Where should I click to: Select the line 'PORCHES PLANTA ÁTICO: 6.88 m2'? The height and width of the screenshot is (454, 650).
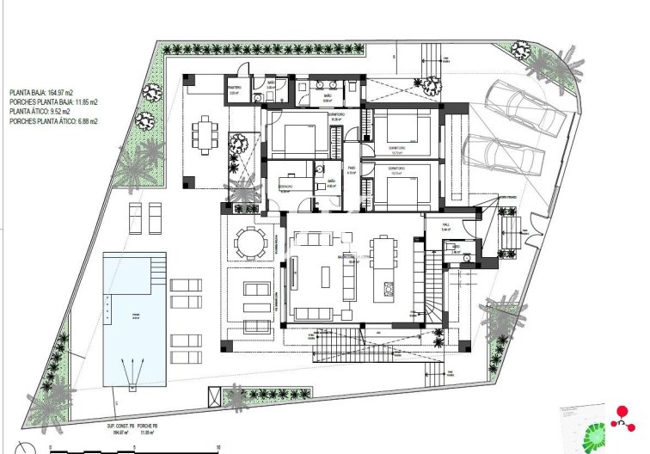tap(53, 122)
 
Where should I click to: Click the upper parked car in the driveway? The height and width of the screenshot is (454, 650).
tap(524, 109)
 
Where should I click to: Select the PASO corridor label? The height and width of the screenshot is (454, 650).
tap(352, 169)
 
